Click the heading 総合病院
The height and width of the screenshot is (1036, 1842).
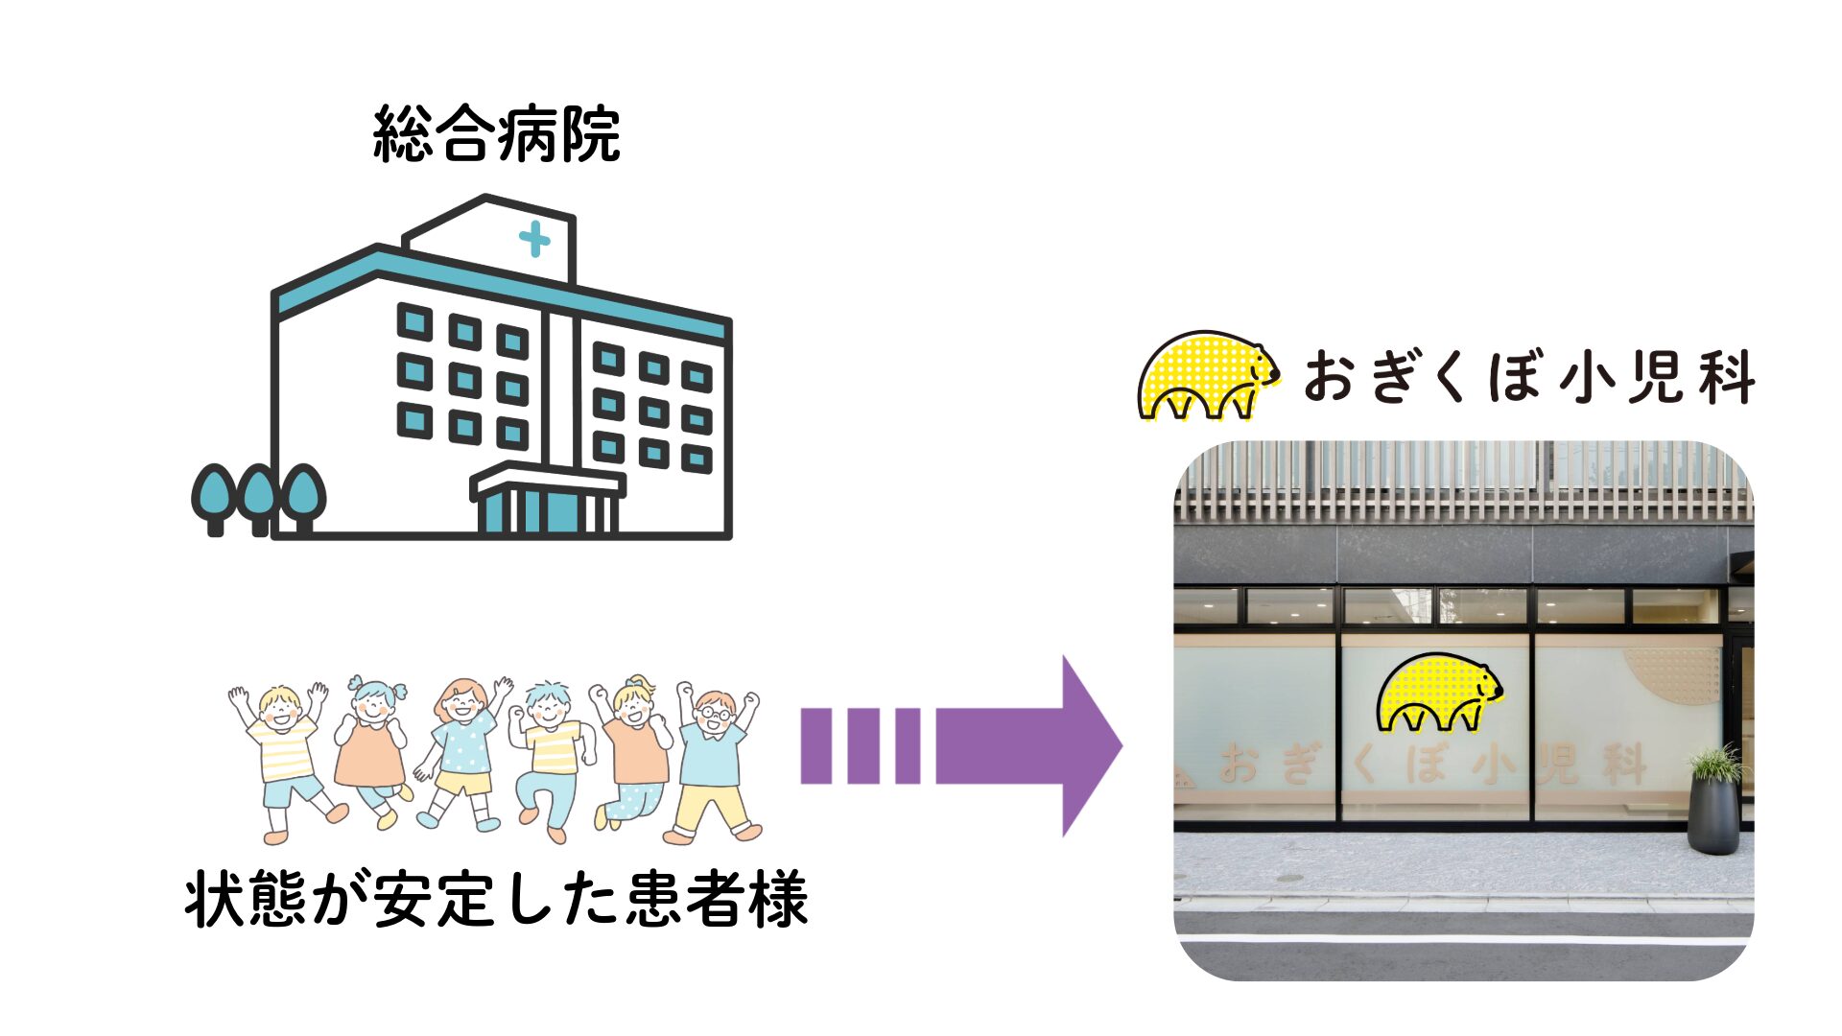(496, 134)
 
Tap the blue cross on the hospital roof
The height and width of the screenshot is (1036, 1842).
(534, 239)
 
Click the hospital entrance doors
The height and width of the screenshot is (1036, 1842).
(548, 509)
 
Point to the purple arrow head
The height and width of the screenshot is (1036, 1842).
(1089, 745)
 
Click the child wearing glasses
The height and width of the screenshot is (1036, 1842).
(715, 758)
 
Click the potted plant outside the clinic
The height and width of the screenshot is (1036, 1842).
(1713, 801)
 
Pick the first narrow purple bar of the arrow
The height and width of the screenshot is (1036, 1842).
(815, 745)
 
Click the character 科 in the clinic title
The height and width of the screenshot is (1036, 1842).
(1725, 377)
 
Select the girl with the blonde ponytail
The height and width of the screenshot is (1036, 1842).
(632, 753)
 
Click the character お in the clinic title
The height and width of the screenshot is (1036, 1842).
(1329, 377)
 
